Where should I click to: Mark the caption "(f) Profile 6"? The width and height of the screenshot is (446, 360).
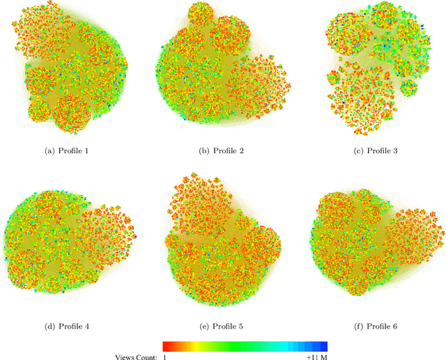click(376, 326)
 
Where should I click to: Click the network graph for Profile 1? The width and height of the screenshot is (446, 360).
click(73, 70)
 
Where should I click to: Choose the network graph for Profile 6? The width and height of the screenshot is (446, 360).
click(376, 244)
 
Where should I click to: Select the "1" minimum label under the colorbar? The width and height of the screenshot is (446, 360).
click(165, 357)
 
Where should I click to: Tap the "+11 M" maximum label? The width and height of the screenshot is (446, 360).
click(317, 357)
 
